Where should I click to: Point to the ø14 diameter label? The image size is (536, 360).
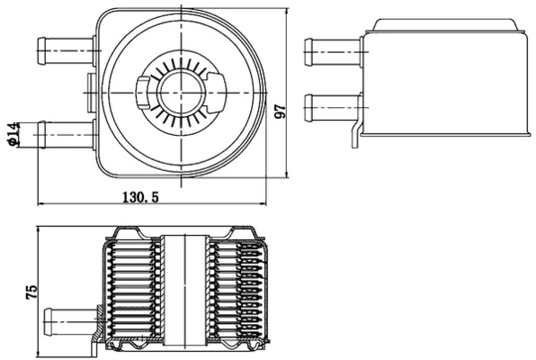13,133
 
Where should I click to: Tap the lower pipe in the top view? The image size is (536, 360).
63,134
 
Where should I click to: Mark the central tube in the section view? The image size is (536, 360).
186,288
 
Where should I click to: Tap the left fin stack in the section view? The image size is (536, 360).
135,288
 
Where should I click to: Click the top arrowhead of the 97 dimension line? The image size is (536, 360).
287,11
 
